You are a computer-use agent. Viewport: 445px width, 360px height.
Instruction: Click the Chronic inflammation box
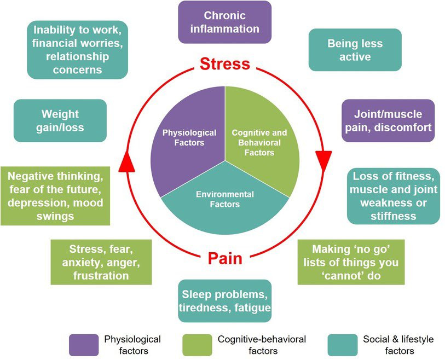click(x=224, y=22)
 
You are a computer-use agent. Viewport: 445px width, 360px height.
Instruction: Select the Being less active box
click(x=355, y=50)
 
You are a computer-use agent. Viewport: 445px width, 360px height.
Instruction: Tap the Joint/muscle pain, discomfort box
click(x=388, y=121)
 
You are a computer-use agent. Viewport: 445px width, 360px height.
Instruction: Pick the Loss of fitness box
click(x=393, y=196)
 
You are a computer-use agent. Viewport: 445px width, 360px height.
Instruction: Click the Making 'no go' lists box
click(x=351, y=262)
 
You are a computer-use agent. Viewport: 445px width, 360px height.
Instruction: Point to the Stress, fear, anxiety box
click(x=101, y=262)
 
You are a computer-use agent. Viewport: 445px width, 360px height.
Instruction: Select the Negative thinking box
click(x=55, y=196)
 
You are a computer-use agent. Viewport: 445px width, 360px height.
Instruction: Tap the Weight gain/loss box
click(x=60, y=121)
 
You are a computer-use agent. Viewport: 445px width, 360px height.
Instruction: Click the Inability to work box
click(x=77, y=49)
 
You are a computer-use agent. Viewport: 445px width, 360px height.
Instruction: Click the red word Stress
click(x=224, y=64)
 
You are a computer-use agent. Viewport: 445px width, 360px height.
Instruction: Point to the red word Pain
click(x=224, y=258)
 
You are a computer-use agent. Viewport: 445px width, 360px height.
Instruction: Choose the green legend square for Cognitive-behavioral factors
click(x=197, y=345)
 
